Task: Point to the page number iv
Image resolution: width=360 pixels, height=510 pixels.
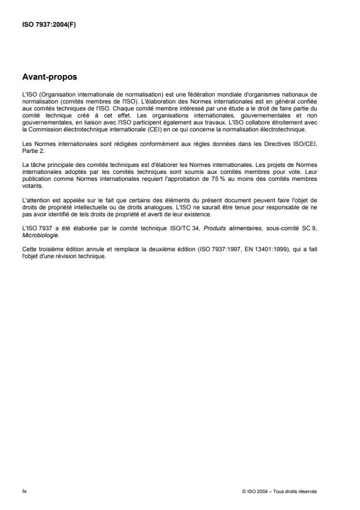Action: pos(24,491)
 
